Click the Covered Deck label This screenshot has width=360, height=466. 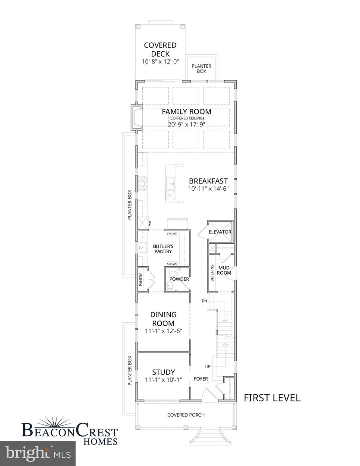tap(160, 50)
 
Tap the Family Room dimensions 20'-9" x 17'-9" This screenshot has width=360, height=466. tap(186, 125)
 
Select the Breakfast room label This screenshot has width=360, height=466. tap(208, 181)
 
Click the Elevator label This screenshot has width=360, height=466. tap(220, 232)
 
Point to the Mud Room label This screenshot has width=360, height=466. tap(224, 270)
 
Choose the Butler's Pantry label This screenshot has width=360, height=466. tap(163, 249)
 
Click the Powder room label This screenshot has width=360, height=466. tap(179, 279)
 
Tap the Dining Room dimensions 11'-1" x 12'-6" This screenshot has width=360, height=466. tap(163, 331)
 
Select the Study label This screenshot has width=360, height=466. tap(163, 372)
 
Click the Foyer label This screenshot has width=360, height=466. tap(200, 379)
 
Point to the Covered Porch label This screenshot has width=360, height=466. tap(186, 415)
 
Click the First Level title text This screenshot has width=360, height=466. tap(272, 398)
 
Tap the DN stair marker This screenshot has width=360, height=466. tap(204, 301)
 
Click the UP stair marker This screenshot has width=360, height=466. tap(207, 367)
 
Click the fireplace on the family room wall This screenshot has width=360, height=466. tap(136, 117)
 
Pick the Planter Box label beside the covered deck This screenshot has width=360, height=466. tap(201, 69)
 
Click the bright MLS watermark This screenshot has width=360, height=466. tap(38, 453)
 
